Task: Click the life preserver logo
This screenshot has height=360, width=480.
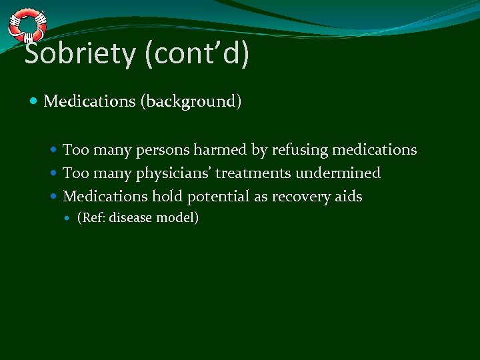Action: pyautogui.click(x=27, y=25)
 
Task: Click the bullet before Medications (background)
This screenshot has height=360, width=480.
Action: pyautogui.click(x=35, y=102)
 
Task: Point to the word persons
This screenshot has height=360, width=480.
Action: pyautogui.click(x=163, y=150)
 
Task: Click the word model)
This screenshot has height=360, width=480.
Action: pyautogui.click(x=178, y=218)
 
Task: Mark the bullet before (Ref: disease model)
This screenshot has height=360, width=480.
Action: pyautogui.click(x=70, y=218)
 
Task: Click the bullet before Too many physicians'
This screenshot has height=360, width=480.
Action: pyautogui.click(x=55, y=173)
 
